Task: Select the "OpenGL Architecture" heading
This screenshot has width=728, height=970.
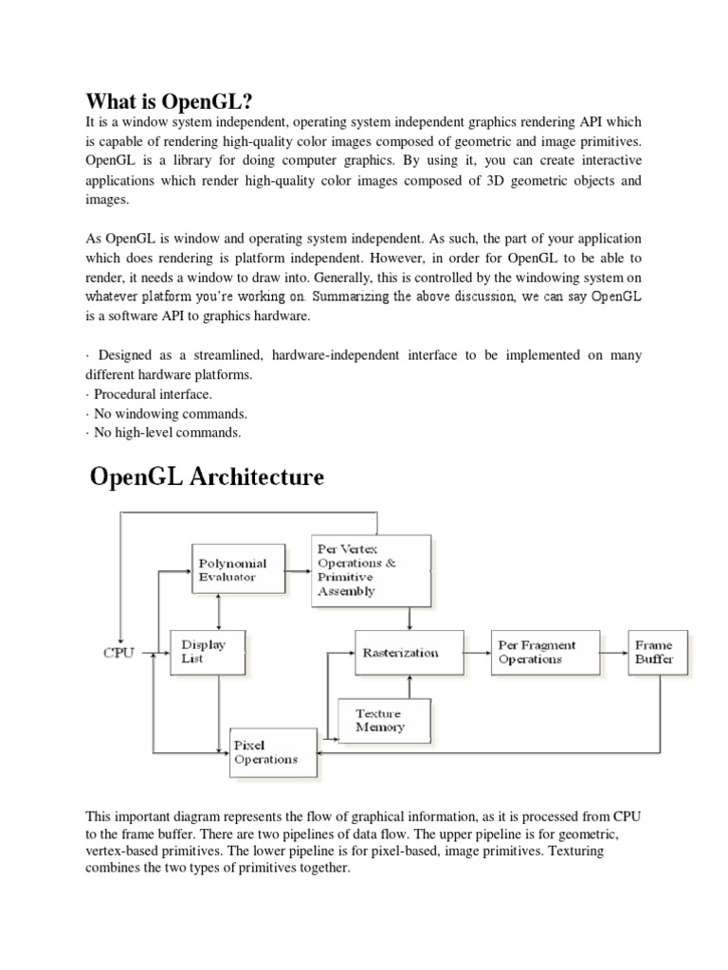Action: pos(207,476)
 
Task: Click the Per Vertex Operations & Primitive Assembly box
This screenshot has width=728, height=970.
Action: pos(372,570)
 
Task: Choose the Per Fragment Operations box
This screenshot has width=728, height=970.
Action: pos(537,653)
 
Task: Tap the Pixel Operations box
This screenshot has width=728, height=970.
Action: pos(273,752)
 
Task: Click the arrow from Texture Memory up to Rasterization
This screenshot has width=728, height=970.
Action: pos(409,687)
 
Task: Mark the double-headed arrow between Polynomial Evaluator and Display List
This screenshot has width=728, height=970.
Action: pos(220,612)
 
